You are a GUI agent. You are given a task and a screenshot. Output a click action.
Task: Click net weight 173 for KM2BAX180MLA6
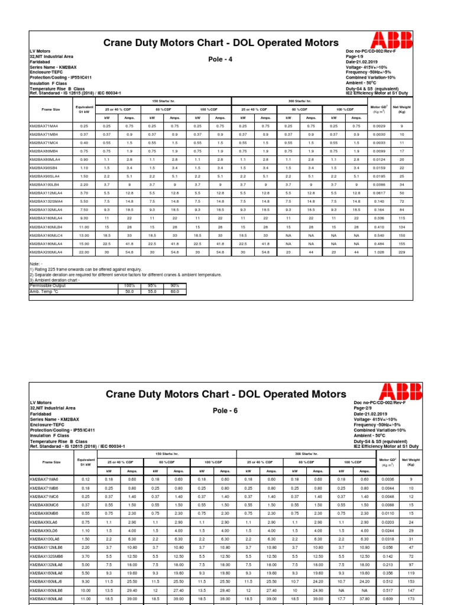[x=402, y=598]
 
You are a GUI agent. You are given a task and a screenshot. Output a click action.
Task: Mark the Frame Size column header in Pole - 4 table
[x=51, y=109]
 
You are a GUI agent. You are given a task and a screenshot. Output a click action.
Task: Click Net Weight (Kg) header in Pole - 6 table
[x=402, y=461]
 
